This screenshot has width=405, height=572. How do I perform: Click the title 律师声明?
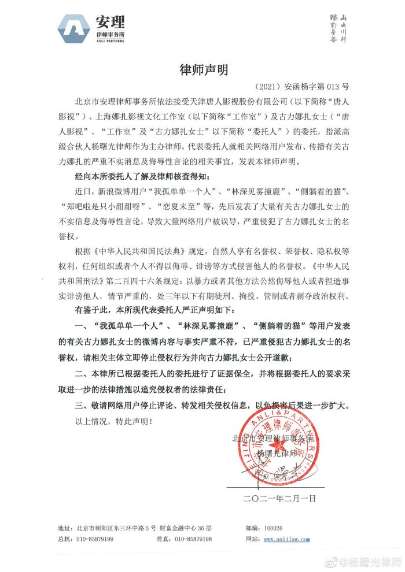pyautogui.click(x=202, y=70)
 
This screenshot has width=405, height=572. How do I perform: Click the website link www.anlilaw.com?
pyautogui.click(x=286, y=538)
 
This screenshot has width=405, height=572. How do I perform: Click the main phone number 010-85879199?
pyautogui.click(x=94, y=538)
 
